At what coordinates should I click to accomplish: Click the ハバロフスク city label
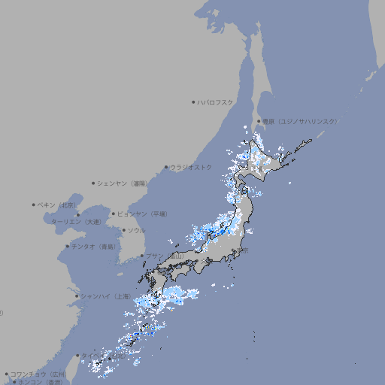[x=216, y=102]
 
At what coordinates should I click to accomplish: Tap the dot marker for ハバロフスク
[x=193, y=102]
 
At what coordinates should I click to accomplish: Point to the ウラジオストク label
[x=191, y=167]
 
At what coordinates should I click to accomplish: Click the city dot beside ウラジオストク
[x=166, y=167]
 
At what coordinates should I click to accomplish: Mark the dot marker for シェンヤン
[x=94, y=183]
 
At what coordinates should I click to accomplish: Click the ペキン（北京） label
[x=57, y=205]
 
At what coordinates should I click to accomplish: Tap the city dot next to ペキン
[x=34, y=205]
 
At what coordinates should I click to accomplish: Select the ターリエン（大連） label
[x=75, y=222]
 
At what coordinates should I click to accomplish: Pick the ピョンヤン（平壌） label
[x=143, y=214]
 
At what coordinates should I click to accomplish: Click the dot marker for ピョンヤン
[x=114, y=214]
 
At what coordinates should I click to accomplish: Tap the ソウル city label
[x=136, y=230]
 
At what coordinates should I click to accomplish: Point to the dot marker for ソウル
[x=123, y=230]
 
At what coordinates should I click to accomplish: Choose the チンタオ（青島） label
[x=93, y=246]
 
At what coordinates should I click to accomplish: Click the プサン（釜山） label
[x=165, y=256]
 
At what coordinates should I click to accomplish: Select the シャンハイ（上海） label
[x=105, y=296]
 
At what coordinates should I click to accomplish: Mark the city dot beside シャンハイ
[x=77, y=296]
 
